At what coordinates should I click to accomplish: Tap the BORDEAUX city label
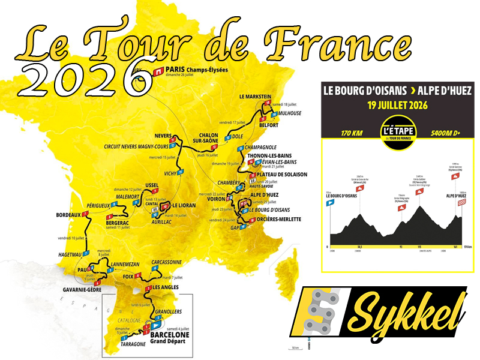pos(68,215)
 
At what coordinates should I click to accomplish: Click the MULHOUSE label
pos(288,113)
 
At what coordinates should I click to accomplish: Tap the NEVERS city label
pos(164,136)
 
